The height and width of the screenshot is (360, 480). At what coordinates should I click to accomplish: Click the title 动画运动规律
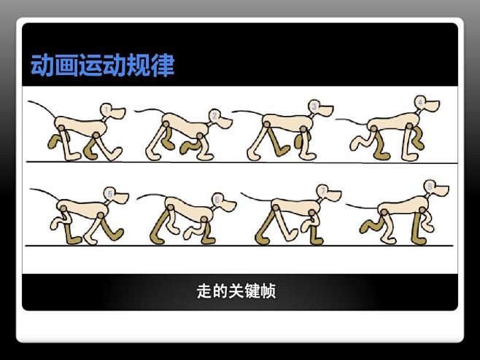tap(102, 66)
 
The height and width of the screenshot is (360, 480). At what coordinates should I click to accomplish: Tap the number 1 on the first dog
tap(107, 111)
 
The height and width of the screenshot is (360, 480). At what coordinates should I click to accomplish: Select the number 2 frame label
tap(214, 115)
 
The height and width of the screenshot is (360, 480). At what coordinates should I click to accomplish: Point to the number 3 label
tap(314, 106)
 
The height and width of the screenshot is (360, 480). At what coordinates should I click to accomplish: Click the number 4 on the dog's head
tap(421, 101)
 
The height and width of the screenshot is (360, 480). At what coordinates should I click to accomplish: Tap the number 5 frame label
tap(109, 193)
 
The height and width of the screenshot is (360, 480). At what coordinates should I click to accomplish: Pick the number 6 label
tap(217, 198)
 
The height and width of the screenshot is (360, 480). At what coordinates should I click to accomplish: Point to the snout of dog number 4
tap(435, 108)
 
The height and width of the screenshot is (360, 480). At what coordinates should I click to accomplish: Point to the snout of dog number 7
tap(335, 196)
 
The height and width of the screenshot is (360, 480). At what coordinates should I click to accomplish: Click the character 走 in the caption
tap(205, 291)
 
